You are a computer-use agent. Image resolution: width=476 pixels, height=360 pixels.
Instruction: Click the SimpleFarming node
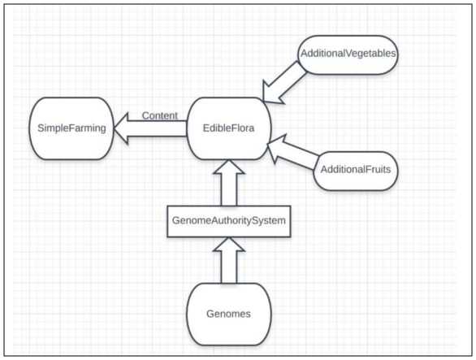71,128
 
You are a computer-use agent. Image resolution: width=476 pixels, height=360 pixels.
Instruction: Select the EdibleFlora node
228,128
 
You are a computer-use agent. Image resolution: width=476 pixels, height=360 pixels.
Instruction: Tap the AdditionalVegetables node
348,54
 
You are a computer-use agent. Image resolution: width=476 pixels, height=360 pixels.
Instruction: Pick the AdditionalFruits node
356,171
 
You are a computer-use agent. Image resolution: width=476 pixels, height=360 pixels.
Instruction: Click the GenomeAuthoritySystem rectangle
229,222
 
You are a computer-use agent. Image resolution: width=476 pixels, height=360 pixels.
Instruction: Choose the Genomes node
228,314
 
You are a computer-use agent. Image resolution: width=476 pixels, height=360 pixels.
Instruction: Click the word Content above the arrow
160,115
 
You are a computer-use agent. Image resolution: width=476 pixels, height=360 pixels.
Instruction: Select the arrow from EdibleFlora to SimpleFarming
150,128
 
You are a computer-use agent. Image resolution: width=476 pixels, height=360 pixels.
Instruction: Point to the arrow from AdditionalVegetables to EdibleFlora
283,83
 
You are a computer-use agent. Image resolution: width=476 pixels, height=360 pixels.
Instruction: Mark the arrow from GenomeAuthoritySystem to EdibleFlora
229,183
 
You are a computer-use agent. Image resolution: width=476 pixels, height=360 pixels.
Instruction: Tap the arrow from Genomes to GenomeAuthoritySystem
229,260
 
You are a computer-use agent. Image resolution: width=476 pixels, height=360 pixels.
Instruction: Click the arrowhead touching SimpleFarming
121,128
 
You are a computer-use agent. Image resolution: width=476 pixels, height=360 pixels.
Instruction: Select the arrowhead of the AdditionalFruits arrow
275,148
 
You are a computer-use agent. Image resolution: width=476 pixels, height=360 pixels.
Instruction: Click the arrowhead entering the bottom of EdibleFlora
229,167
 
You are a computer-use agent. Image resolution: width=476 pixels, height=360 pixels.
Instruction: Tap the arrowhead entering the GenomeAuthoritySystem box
229,245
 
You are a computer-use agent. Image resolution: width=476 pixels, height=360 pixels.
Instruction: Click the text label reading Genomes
228,314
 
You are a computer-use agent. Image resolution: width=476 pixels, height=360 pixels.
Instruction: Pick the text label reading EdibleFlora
228,128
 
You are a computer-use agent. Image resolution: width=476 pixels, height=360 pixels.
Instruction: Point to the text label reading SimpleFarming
71,128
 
